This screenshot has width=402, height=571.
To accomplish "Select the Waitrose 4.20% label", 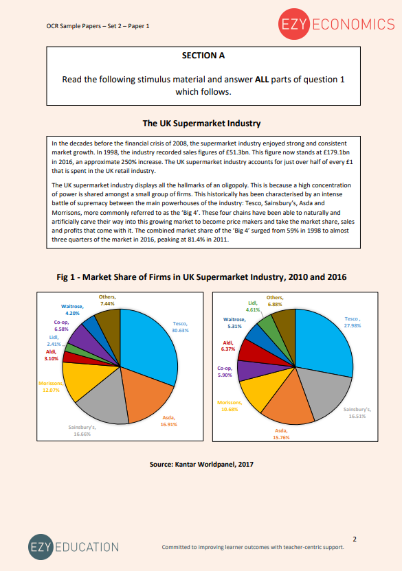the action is [x=72, y=309].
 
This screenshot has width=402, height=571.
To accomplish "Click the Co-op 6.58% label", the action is [x=62, y=325].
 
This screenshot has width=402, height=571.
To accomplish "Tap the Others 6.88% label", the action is [x=275, y=301].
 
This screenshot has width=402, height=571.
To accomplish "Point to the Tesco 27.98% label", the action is [x=352, y=323].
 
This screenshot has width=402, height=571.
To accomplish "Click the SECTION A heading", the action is [x=203, y=55].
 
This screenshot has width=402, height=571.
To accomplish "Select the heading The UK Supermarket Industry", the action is [x=201, y=124].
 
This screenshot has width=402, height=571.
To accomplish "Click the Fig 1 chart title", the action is [x=201, y=277].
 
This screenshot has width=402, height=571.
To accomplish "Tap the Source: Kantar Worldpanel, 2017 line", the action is [x=201, y=465].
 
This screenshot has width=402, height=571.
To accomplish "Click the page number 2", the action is [x=354, y=538].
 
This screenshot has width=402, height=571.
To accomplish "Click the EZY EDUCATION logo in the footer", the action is [x=74, y=547].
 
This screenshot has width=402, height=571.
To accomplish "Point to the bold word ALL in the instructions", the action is [x=261, y=79].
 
